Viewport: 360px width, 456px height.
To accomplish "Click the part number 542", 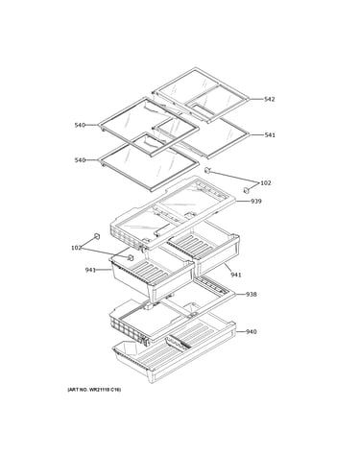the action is [269, 99].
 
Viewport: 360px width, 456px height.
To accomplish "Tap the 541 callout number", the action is [270, 135].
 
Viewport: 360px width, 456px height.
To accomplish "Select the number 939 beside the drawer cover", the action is [256, 201].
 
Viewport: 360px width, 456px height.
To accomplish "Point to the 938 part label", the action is [252, 294].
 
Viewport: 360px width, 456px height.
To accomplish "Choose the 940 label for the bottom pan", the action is [252, 332].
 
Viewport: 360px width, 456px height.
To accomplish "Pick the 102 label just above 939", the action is [266, 183].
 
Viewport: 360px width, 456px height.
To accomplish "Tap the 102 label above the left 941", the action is [76, 248].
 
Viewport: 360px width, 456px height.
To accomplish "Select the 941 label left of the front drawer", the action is [90, 270].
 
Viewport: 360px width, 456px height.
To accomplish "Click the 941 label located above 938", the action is [236, 275].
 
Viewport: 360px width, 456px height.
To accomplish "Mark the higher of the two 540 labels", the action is [80, 125].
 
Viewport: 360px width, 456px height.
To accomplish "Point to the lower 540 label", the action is [80, 160].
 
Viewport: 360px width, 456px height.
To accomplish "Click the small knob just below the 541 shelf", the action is [207, 170].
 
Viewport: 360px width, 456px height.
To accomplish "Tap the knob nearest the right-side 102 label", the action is [247, 190].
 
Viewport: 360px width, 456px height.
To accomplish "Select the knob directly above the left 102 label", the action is [97, 236].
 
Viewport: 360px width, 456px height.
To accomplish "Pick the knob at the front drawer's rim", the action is [131, 257].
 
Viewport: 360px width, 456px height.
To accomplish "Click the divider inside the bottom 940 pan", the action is [178, 343].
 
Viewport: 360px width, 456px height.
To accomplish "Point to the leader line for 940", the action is [241, 332].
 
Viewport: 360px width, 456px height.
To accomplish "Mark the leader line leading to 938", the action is [241, 294].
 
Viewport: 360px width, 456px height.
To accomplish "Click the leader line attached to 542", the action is [256, 99].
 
